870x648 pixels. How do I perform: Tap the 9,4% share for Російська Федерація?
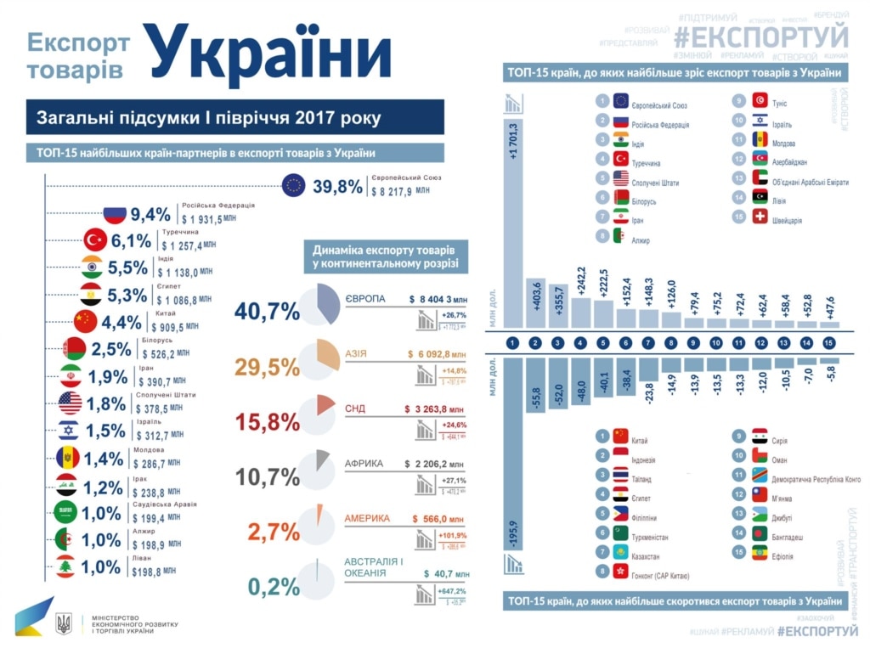click(x=151, y=214)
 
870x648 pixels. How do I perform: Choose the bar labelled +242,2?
click(x=581, y=296)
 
